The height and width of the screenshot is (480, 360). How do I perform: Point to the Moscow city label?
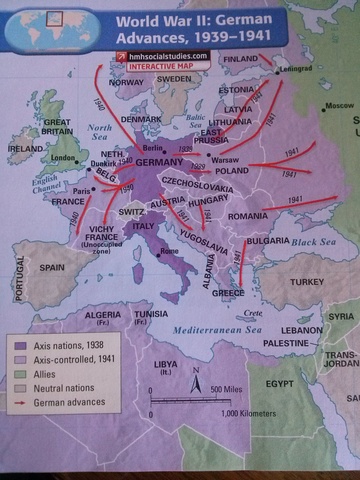[340, 105]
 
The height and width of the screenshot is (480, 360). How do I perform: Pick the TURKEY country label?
[306, 282]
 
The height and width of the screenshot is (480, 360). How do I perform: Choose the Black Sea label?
[316, 242]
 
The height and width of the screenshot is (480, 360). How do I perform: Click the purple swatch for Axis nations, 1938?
[19, 342]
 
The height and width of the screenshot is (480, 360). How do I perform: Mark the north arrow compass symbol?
[194, 379]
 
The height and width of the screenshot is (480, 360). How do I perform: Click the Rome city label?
[169, 251]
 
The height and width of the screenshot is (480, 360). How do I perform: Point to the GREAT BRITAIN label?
[56, 127]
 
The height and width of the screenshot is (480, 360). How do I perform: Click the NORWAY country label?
[126, 83]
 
